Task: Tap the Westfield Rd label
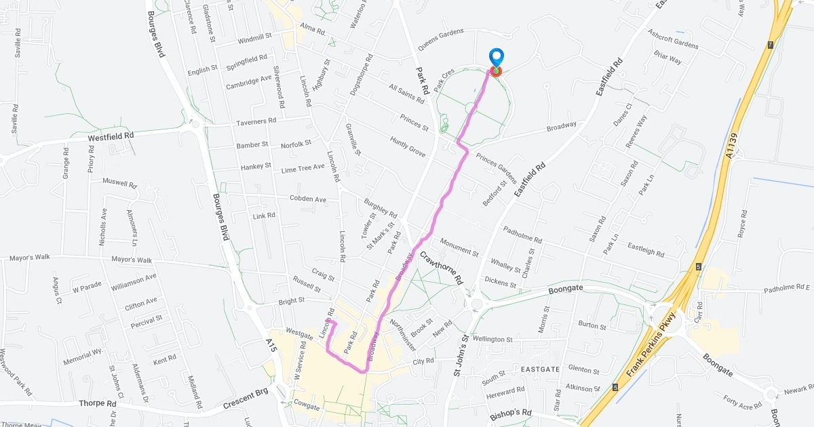pyautogui.click(x=111, y=136)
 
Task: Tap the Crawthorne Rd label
pyautogui.click(x=441, y=267)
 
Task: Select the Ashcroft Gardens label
pyautogui.click(x=672, y=39)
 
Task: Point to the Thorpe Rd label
pyautogui.click(x=98, y=404)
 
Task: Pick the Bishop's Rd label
pyautogui.click(x=511, y=413)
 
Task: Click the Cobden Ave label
pyautogui.click(x=308, y=199)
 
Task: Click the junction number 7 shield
pyautogui.click(x=770, y=45)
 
